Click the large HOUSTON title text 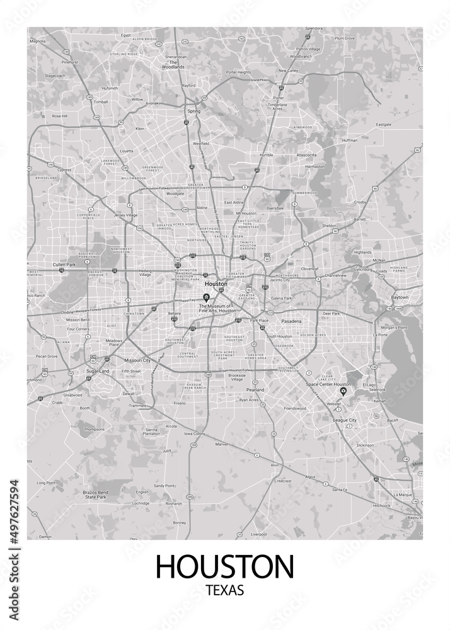click(x=224, y=566)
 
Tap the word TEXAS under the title click(x=224, y=591)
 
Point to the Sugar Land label click(x=97, y=372)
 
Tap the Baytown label click(x=400, y=297)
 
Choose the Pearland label click(x=255, y=391)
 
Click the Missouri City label click(x=137, y=360)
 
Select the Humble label click(x=266, y=154)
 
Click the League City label click(x=345, y=420)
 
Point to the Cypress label click(x=64, y=170)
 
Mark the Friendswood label click(x=294, y=408)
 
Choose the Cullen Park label click(x=63, y=265)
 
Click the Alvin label click(x=275, y=464)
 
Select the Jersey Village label click(x=125, y=215)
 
